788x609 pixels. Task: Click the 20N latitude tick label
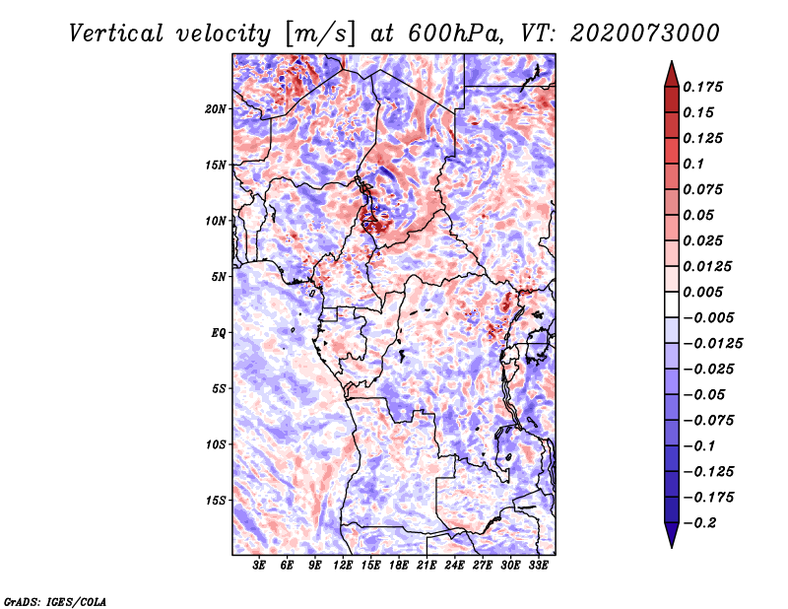click(216, 108)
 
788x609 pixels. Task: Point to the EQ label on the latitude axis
click(219, 332)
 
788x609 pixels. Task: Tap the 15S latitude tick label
click(216, 501)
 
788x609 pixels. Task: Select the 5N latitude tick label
click(219, 277)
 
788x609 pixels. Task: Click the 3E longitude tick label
click(260, 567)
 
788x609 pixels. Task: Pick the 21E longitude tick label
click(427, 567)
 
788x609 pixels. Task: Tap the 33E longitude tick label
click(538, 567)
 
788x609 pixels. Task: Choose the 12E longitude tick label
click(343, 567)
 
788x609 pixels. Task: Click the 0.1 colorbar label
click(694, 164)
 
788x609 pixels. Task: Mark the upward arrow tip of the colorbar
click(670, 64)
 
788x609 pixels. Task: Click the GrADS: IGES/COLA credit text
click(55, 600)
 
